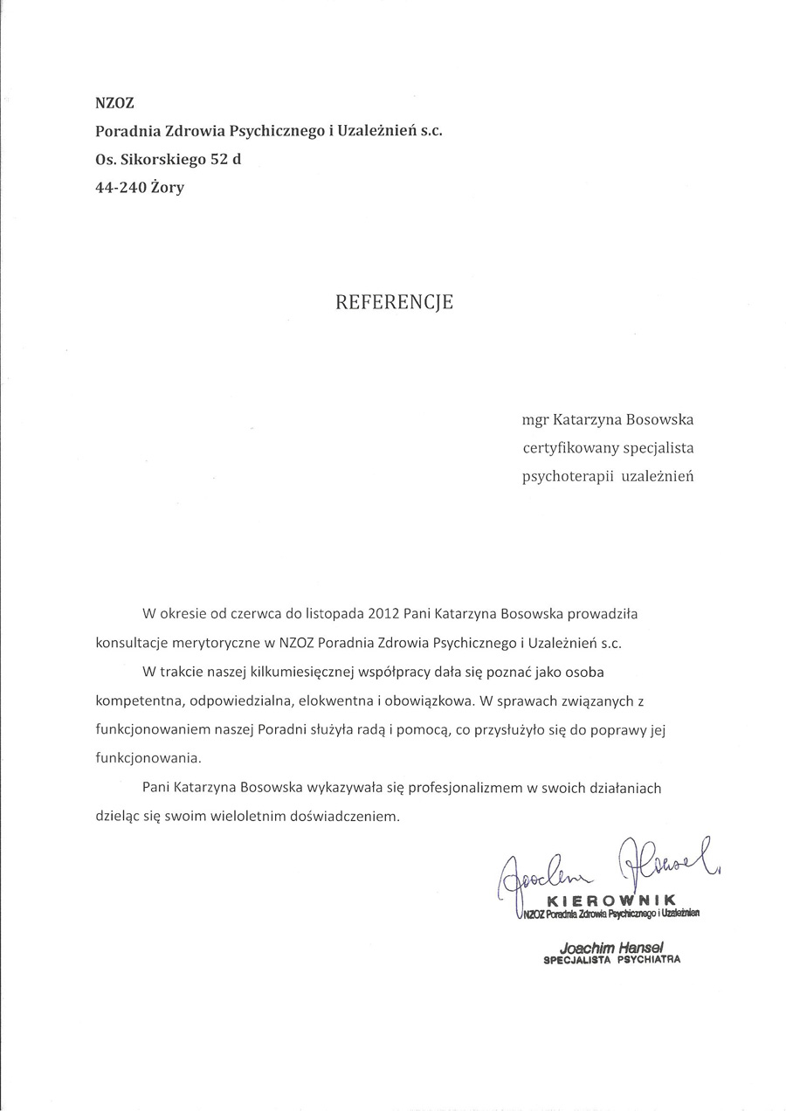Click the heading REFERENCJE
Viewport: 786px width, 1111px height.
[395, 303]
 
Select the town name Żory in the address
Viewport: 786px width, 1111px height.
[167, 187]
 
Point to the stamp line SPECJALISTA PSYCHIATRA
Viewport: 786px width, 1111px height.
[611, 959]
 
